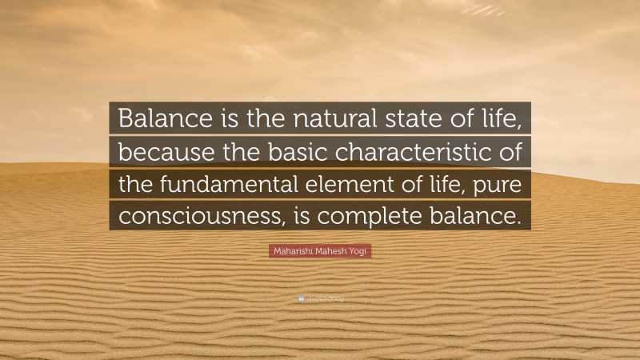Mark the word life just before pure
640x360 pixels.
point(450,184)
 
